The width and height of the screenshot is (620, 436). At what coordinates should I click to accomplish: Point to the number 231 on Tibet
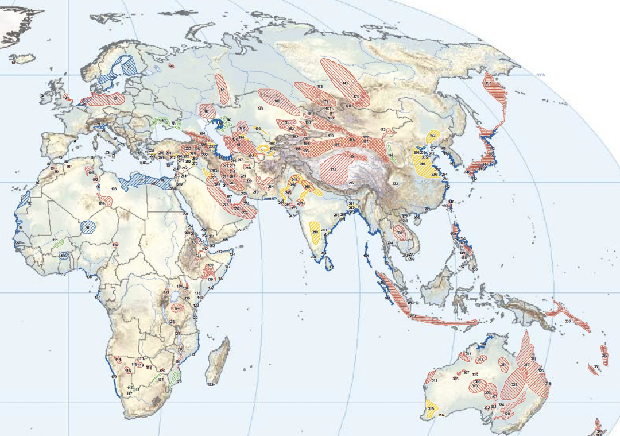point(333,169)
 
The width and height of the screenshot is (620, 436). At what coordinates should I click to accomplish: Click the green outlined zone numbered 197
point(391,155)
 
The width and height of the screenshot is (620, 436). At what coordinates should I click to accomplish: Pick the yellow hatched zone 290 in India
point(315,231)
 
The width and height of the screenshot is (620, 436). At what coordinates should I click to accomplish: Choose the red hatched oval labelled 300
point(400,233)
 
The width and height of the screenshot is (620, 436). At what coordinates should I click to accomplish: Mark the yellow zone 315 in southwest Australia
point(430,408)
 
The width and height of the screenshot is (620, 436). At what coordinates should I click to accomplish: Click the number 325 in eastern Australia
point(514,385)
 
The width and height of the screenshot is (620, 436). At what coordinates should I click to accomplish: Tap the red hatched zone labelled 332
point(604,355)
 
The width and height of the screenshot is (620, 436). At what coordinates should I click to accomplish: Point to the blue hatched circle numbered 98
point(88,227)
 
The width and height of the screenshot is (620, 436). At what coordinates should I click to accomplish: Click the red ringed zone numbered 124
point(177,308)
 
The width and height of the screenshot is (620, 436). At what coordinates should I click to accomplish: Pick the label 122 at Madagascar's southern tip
point(210,384)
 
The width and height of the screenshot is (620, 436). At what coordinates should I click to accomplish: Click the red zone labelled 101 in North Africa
point(90,172)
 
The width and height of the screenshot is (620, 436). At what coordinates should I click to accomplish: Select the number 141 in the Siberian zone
point(345,84)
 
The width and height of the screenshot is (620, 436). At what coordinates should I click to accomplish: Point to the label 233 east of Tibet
point(395,184)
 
